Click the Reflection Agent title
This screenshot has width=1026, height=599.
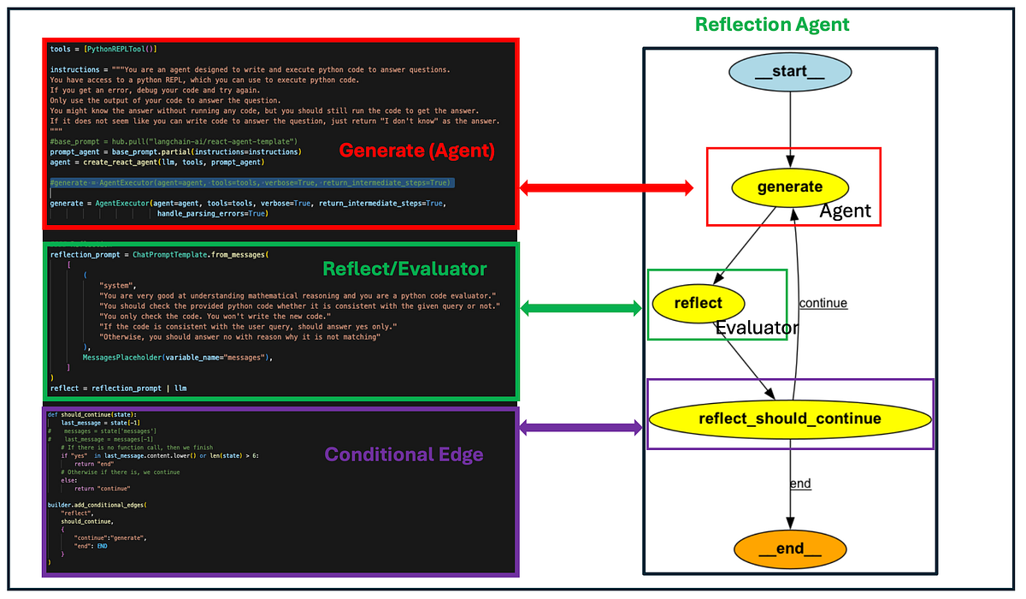click(x=772, y=24)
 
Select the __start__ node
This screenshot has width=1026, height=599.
click(x=789, y=71)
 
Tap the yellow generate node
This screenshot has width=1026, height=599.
click(x=789, y=187)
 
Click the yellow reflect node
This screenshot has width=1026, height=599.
click(x=699, y=303)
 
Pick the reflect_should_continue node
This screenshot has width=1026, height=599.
click(x=789, y=418)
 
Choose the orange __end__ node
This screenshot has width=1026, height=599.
click(x=789, y=549)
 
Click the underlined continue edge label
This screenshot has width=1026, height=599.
click(x=823, y=303)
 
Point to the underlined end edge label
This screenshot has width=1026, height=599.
click(x=799, y=483)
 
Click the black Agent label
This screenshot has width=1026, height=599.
click(x=845, y=211)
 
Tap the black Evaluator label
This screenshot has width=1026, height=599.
click(x=757, y=328)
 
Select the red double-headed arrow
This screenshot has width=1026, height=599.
click(x=606, y=187)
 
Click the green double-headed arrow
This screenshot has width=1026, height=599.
click(x=581, y=308)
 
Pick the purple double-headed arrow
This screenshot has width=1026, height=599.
click(x=581, y=426)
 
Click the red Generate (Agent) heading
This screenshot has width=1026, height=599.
click(x=417, y=151)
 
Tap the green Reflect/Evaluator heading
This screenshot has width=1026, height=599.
click(x=404, y=269)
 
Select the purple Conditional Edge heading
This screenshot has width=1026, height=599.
click(x=404, y=454)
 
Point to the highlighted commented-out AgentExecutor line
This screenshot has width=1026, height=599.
click(x=251, y=183)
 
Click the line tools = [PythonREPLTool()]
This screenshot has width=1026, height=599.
click(x=103, y=49)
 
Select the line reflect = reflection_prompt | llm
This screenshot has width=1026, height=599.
click(x=118, y=388)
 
